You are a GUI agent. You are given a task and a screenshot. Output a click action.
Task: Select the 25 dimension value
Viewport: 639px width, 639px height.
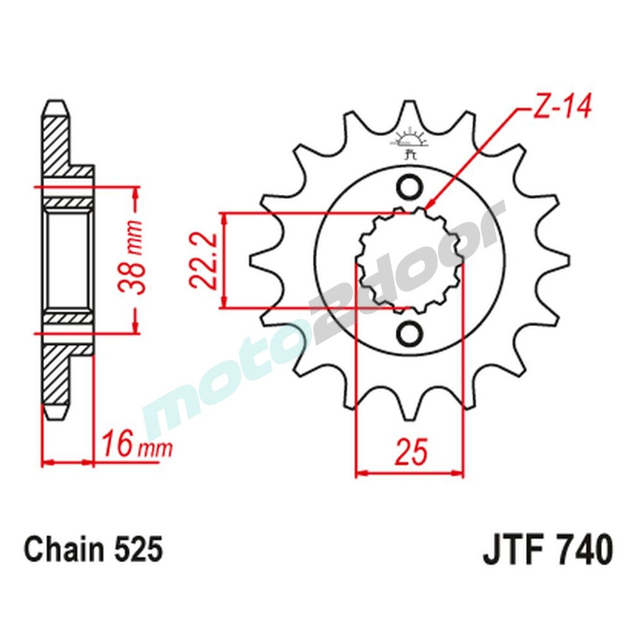[412, 452]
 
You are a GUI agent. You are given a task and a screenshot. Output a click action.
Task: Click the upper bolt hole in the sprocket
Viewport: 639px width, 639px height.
[410, 188]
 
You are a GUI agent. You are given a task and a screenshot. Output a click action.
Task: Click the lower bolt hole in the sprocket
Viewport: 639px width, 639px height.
[410, 333]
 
